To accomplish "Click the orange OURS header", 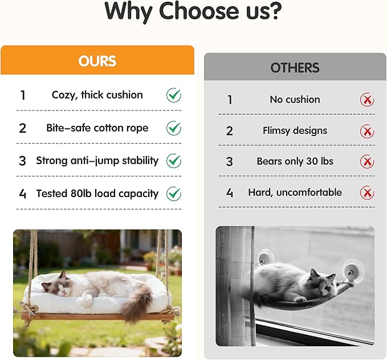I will (97, 61).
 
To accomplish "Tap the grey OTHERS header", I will (295, 68).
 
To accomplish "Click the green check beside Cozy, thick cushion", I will (174, 95).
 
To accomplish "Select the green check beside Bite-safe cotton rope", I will (174, 128).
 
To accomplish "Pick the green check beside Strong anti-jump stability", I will (174, 161).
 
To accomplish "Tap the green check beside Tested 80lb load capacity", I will (174, 194).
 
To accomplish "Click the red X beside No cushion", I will (367, 100).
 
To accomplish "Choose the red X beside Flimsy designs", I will (367, 132).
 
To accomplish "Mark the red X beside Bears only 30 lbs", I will (367, 162).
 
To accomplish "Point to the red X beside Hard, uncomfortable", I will (367, 193).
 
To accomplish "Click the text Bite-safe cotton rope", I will (97, 128).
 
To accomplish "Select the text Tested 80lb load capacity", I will (97, 194).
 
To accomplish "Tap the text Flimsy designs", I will (295, 130).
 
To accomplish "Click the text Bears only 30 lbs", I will (295, 161).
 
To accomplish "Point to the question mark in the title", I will (275, 11).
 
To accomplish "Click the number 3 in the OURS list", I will (22, 161).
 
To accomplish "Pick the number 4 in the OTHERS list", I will (230, 193).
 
